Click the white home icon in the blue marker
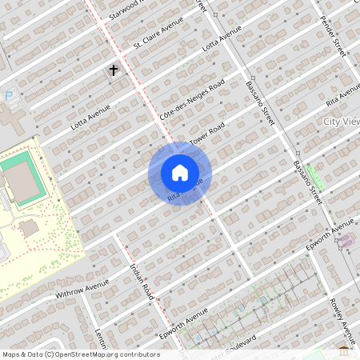(x=179, y=173)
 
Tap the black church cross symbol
(x=114, y=70)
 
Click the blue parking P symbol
(x=9, y=95)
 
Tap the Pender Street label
(x=331, y=35)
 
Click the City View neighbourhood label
(x=341, y=121)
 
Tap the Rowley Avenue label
(x=342, y=319)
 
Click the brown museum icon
(x=344, y=350)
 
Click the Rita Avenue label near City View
(x=343, y=98)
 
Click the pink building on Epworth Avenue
(x=346, y=240)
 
